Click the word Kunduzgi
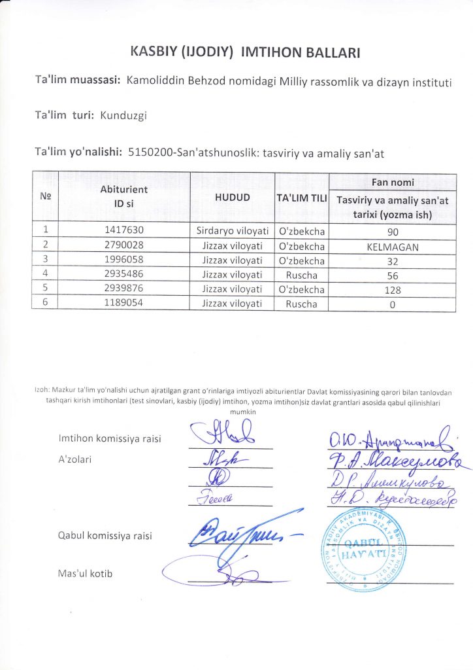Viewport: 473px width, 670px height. pos(123,116)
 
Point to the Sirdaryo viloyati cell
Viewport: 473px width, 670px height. pos(233,230)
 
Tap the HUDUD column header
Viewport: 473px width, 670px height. pos(233,198)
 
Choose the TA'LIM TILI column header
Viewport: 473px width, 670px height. pos(302,198)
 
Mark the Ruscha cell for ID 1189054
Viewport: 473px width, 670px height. pos(301,304)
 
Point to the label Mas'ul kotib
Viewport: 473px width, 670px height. pos(86,574)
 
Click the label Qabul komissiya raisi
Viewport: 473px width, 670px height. pos(105,535)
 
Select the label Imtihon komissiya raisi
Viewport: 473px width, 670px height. pos(110,438)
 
